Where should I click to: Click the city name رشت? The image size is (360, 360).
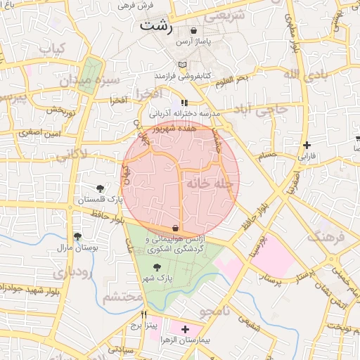coord(155,26)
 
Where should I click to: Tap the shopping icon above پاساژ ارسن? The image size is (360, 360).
coord(193,31)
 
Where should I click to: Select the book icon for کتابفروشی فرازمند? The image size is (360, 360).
coord(183,65)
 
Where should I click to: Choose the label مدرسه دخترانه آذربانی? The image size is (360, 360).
coord(184,112)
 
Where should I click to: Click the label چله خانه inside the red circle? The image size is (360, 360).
coord(208,183)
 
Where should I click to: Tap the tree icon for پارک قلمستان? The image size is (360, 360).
coord(100,188)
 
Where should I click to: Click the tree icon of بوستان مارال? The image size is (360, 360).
coord(77,237)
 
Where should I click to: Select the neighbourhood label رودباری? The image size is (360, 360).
coord(71,273)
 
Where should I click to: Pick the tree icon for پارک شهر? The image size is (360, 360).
coord(156,267)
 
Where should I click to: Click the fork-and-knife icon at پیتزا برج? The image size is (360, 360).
coord(145,314)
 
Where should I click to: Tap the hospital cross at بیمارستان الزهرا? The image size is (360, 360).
coord(185,329)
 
